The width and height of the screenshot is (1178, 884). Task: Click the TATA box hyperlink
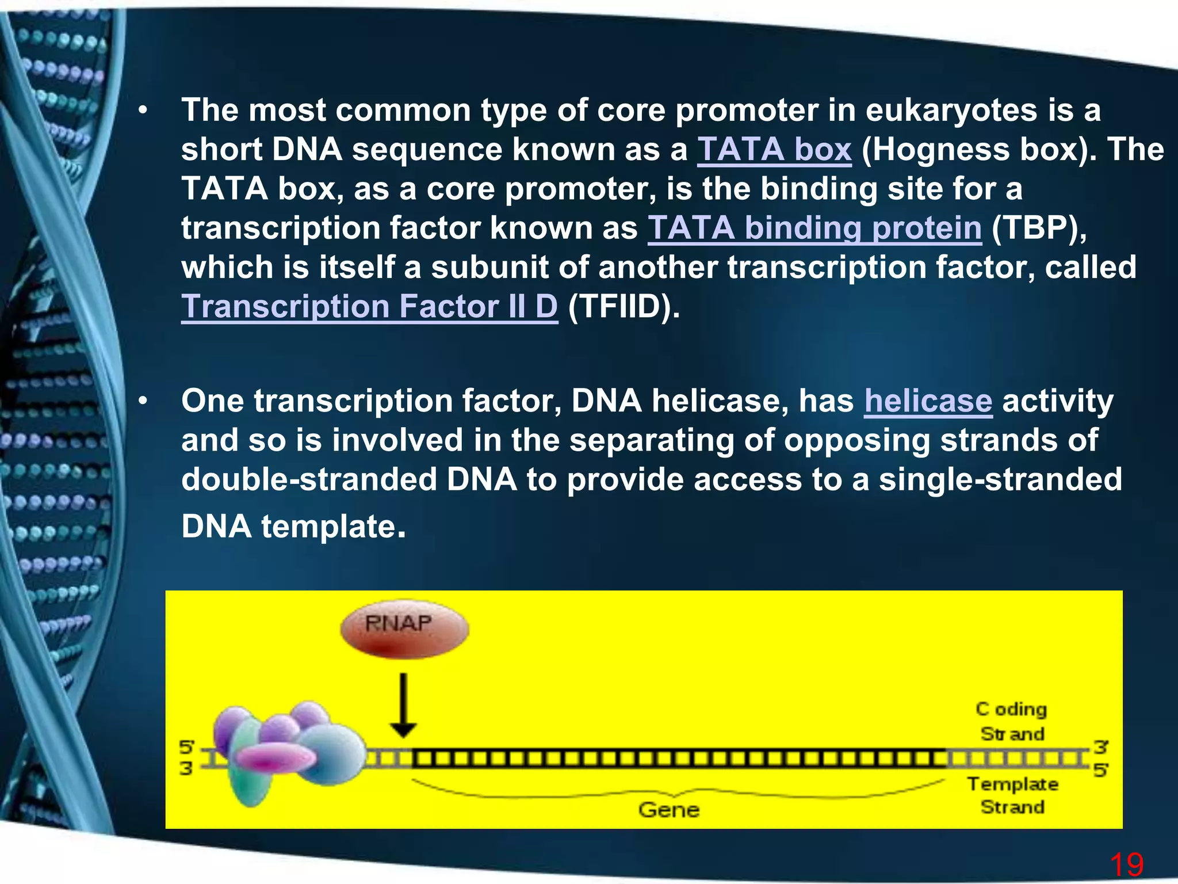point(774,150)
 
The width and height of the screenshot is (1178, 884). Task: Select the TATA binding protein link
point(814,228)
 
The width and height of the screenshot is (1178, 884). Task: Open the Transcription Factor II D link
point(369,307)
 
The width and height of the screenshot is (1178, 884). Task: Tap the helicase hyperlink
point(928,401)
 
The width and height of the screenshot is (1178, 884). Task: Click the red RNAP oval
point(404,628)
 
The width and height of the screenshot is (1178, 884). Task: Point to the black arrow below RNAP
point(403,705)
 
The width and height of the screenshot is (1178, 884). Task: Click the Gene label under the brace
point(668,810)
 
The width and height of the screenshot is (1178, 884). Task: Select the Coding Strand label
point(1012,721)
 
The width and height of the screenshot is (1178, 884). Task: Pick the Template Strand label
point(1012,795)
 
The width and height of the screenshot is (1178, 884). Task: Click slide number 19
point(1126,864)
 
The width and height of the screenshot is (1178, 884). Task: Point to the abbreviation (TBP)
point(1039,228)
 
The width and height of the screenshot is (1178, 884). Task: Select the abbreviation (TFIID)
point(624,307)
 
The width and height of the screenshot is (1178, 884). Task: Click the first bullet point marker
point(143,110)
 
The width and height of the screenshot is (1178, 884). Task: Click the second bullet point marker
point(143,401)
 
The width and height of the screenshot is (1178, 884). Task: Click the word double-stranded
point(309,479)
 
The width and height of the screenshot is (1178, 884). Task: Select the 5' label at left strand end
point(187,748)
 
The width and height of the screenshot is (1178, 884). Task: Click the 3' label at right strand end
point(1100,747)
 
